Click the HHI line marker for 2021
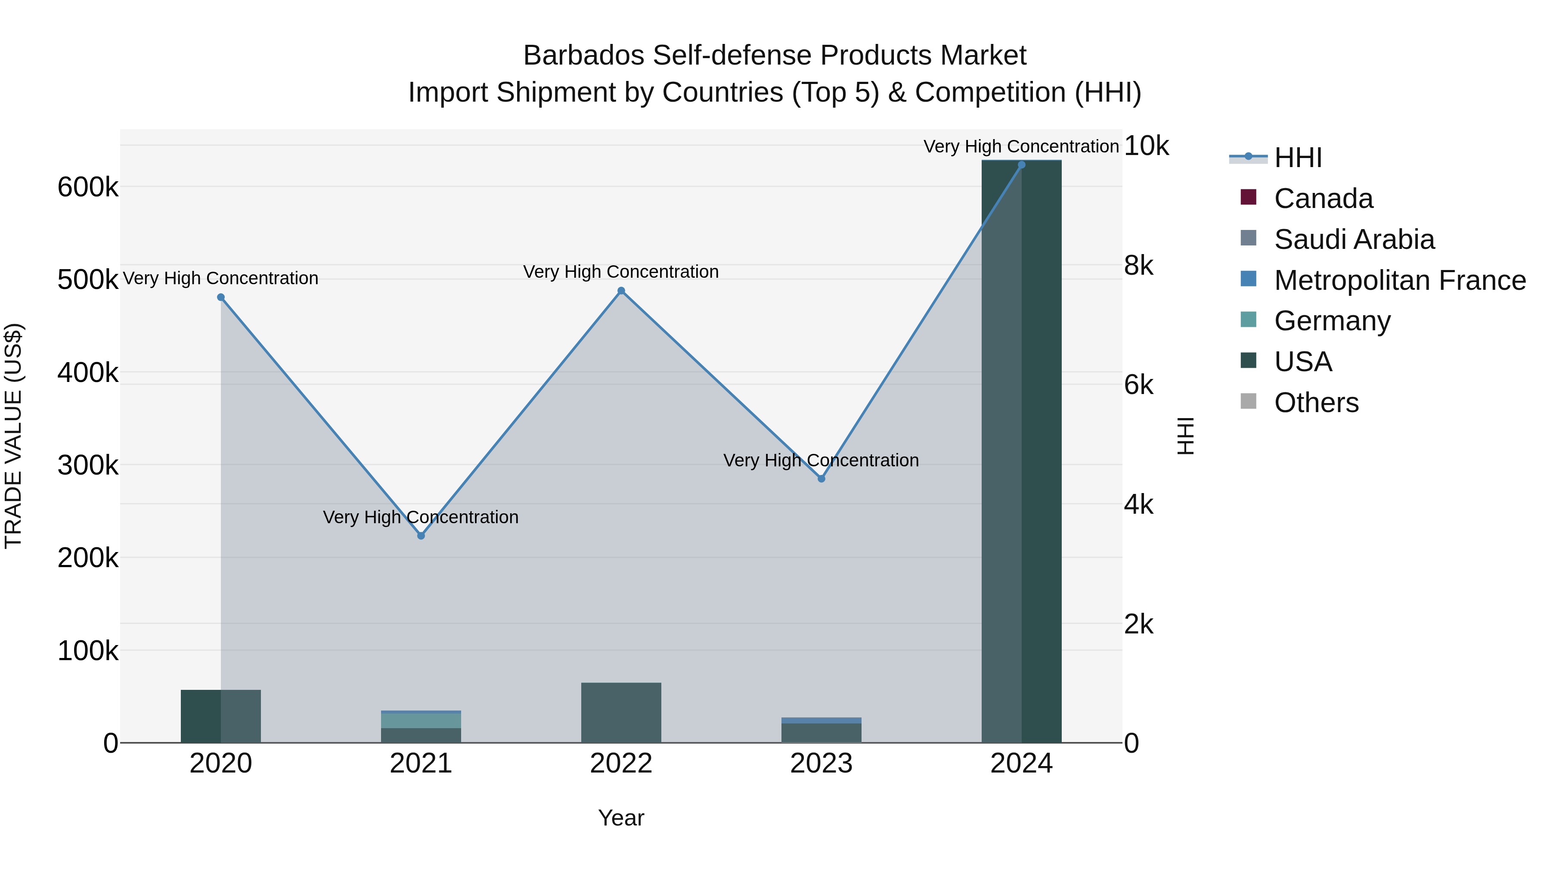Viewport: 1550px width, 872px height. pyautogui.click(x=421, y=536)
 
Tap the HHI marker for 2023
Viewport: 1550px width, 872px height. pyautogui.click(x=821, y=478)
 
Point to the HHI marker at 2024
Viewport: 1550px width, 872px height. pyautogui.click(x=1021, y=165)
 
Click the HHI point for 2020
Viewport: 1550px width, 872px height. pyautogui.click(x=221, y=297)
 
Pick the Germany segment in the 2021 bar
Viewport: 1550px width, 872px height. pyautogui.click(x=421, y=720)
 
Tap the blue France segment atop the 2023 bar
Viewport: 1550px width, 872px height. pyautogui.click(x=821, y=720)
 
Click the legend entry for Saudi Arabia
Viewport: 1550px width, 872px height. pyautogui.click(x=1354, y=239)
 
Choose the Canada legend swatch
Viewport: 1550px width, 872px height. pyautogui.click(x=1249, y=197)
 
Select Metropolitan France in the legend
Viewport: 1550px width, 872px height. pyautogui.click(x=1400, y=280)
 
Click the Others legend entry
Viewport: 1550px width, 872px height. pyautogui.click(x=1316, y=403)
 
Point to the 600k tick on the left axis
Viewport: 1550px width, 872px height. pyautogui.click(x=88, y=187)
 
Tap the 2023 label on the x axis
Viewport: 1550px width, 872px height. pyautogui.click(x=821, y=763)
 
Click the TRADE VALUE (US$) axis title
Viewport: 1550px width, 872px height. pyautogui.click(x=14, y=436)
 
